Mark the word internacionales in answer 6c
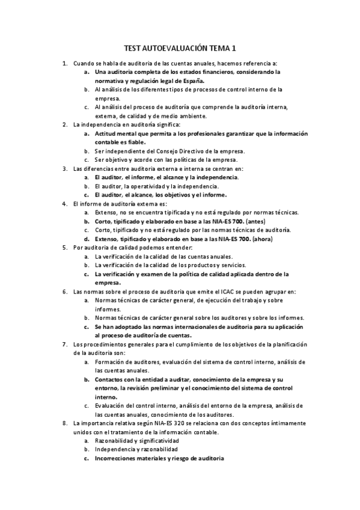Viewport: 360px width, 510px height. (x=181, y=327)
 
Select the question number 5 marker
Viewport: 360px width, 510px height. (x=65, y=247)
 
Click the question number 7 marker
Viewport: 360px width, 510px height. (x=65, y=344)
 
